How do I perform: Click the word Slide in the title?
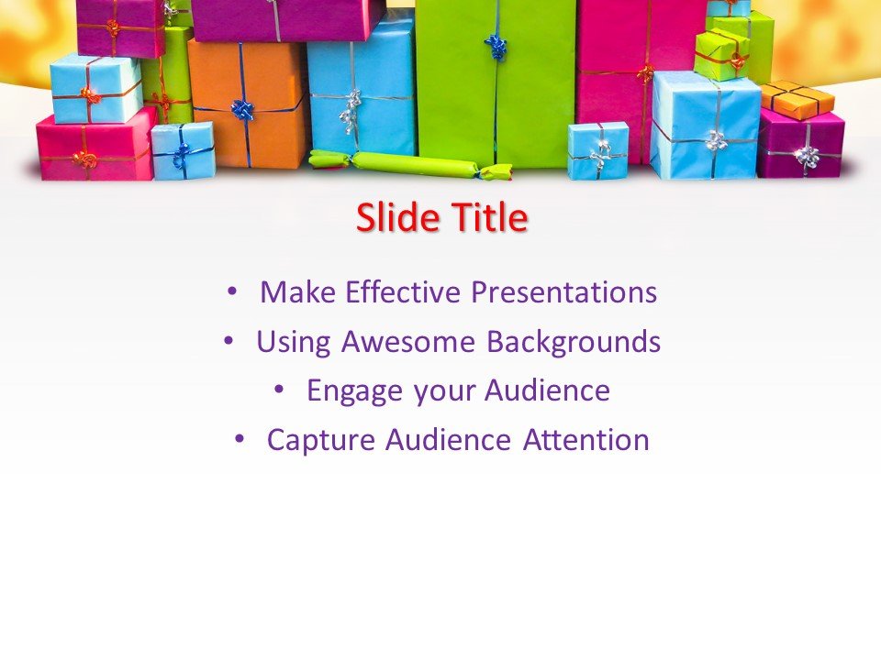[x=396, y=218]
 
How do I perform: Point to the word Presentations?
[x=563, y=292]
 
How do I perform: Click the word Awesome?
[x=409, y=342]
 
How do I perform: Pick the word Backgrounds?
[x=574, y=342]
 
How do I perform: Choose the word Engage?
[x=354, y=391]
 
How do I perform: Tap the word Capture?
[x=321, y=440]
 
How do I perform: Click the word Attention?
[x=586, y=440]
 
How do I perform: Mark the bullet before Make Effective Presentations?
[x=231, y=291]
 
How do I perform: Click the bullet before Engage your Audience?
[x=280, y=390]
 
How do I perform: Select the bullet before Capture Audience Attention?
[x=240, y=440]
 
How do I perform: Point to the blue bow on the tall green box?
[x=496, y=46]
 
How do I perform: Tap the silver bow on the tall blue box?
[x=350, y=110]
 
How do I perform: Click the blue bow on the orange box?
[x=243, y=110]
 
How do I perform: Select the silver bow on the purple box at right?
[x=808, y=157]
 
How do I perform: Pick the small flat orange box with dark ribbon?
[x=797, y=100]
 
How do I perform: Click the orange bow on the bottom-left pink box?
[x=85, y=159]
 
